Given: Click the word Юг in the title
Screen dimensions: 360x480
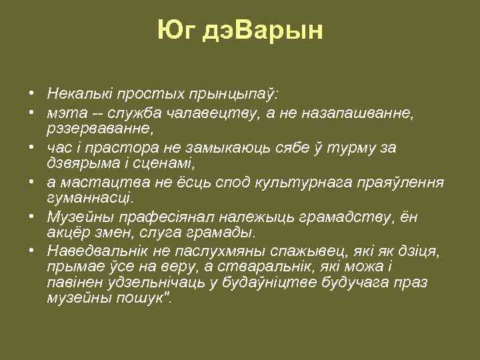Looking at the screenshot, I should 176,31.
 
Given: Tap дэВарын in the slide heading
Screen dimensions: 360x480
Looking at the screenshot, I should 262,31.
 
